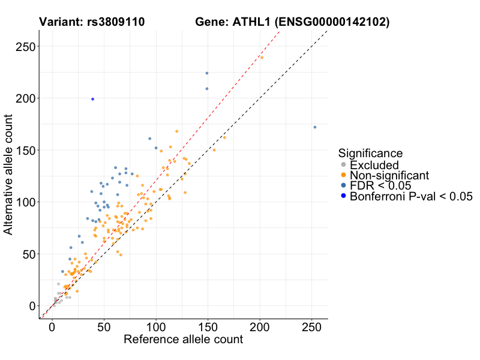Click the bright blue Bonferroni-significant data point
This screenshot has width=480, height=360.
click(92, 99)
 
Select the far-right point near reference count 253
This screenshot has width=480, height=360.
click(314, 127)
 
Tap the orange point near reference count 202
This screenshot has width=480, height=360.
click(262, 58)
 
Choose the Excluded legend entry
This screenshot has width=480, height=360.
click(374, 165)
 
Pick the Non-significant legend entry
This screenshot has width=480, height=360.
click(389, 175)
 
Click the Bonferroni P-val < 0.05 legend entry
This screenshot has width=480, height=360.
click(411, 196)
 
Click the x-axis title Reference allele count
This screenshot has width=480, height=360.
click(183, 340)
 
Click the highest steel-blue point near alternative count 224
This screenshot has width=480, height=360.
click(207, 73)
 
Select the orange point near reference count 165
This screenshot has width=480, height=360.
click(224, 137)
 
